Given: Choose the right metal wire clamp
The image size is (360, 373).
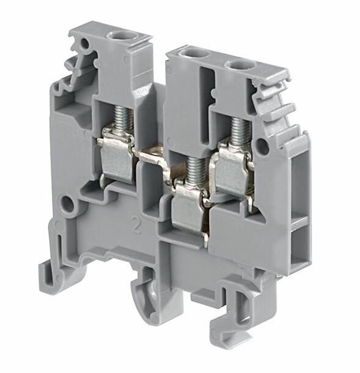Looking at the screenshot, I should point(233,174).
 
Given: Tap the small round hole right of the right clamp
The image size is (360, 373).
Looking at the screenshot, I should point(263,146).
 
